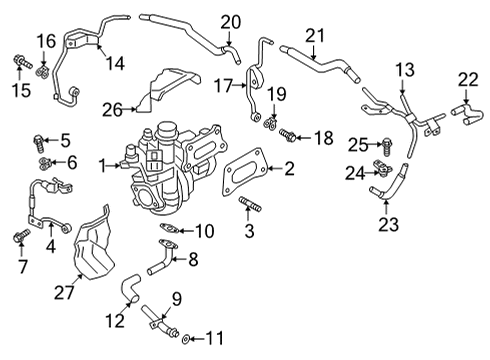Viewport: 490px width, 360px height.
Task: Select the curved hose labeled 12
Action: tap(129, 290)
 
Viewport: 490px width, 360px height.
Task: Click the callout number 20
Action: tap(231, 21)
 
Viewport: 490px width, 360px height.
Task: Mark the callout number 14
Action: tap(113, 63)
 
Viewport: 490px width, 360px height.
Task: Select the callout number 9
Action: tap(175, 297)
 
